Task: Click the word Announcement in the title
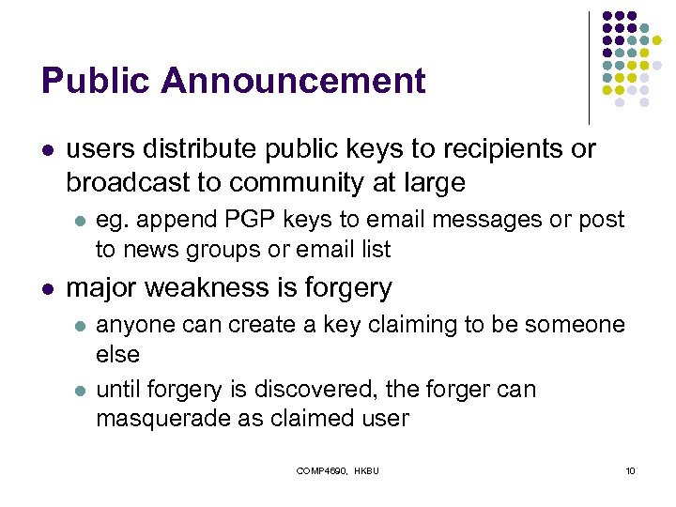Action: tap(293, 82)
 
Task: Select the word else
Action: tap(117, 355)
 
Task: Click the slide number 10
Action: tap(630, 470)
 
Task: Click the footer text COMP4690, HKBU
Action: tap(337, 470)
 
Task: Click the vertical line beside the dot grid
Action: tap(590, 66)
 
